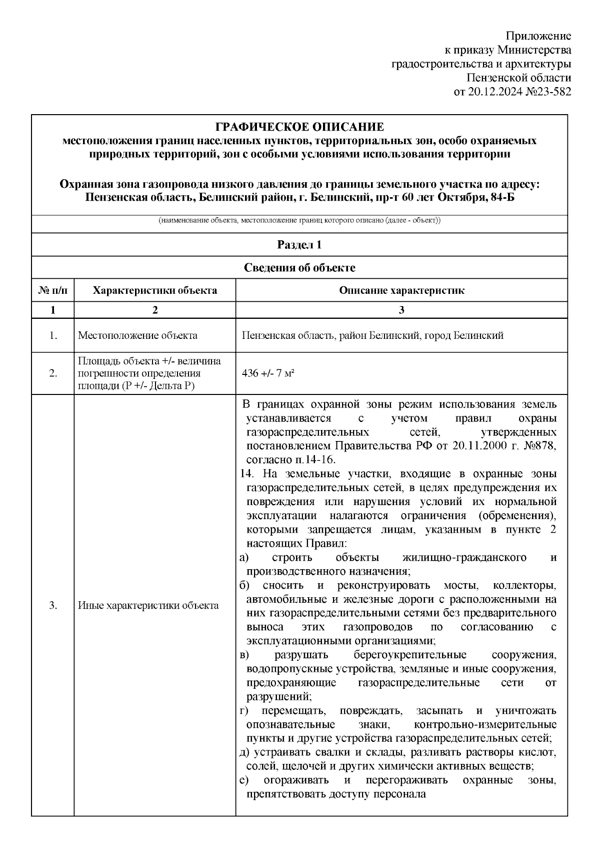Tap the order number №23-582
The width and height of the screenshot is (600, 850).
(x=546, y=92)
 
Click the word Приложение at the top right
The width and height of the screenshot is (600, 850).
(x=538, y=36)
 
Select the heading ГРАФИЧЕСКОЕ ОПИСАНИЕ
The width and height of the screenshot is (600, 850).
(x=299, y=127)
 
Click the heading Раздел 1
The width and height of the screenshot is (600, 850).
(x=299, y=245)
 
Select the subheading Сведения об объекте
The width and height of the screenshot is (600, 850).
(x=299, y=268)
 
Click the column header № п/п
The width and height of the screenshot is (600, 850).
(x=52, y=290)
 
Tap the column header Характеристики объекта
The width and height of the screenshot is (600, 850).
(x=155, y=290)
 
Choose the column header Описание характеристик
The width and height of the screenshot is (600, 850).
(x=401, y=290)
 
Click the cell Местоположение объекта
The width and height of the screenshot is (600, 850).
(x=137, y=335)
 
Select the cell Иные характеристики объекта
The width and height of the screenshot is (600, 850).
(x=148, y=606)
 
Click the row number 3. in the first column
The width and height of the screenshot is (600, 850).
(x=52, y=606)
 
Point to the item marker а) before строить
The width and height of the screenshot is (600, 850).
(x=244, y=558)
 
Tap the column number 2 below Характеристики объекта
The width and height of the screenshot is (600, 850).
(x=155, y=310)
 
